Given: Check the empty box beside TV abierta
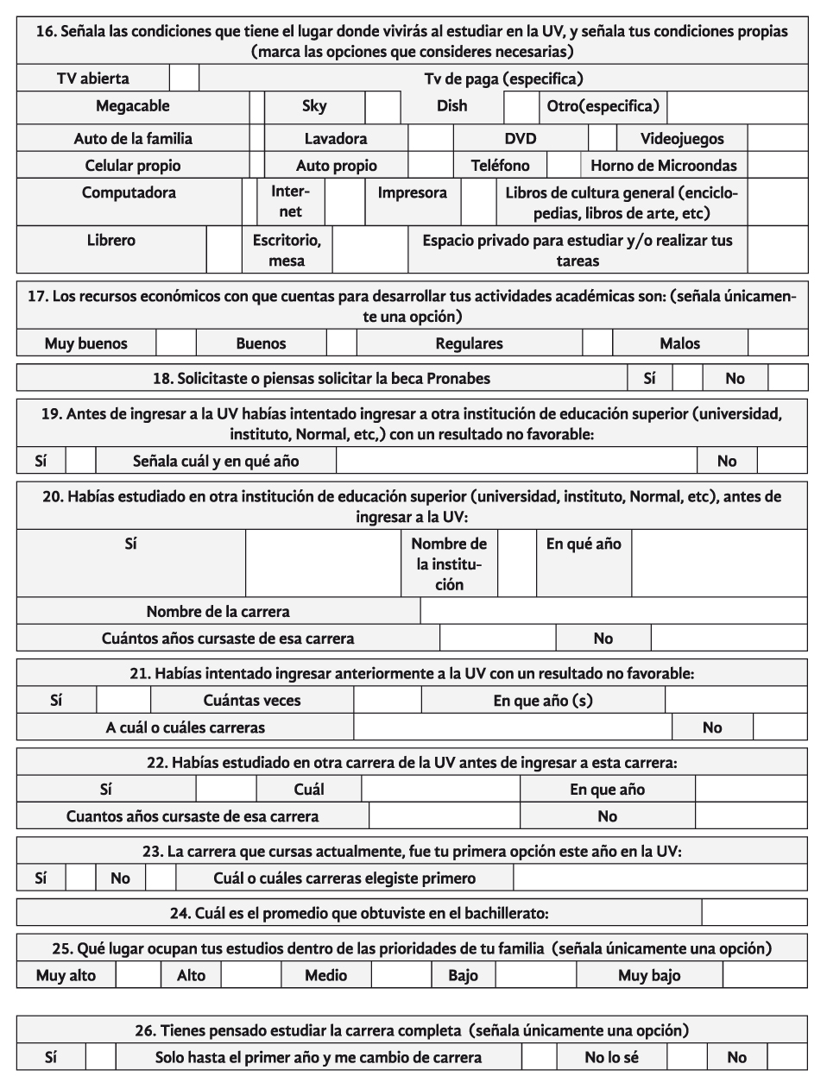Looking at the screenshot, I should (183, 79).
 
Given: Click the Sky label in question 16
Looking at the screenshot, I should (314, 106).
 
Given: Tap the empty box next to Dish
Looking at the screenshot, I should (521, 107).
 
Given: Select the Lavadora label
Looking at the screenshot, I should (336, 139).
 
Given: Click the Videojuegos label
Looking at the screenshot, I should (682, 139).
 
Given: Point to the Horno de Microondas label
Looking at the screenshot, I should (663, 166).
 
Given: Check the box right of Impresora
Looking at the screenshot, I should (477, 202).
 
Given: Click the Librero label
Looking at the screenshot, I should (111, 240).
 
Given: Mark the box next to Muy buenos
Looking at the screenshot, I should (176, 343).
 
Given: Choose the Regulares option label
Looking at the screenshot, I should (469, 343).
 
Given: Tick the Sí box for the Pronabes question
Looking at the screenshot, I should (687, 378).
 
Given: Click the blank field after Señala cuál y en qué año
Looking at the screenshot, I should (515, 461).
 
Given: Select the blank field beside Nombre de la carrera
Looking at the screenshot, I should (613, 611).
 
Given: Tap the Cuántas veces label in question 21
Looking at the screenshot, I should (252, 701).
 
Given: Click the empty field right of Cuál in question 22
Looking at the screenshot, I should (440, 790).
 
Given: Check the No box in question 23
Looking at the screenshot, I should (160, 878).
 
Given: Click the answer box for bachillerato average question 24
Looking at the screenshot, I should (754, 913).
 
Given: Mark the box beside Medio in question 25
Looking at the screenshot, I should (401, 976).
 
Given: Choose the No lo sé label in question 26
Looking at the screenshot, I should (612, 1057).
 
